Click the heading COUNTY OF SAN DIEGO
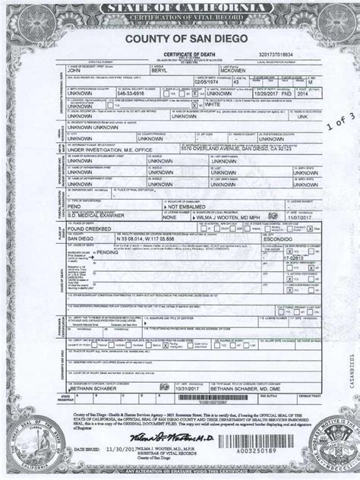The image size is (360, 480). click(x=180, y=40)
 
